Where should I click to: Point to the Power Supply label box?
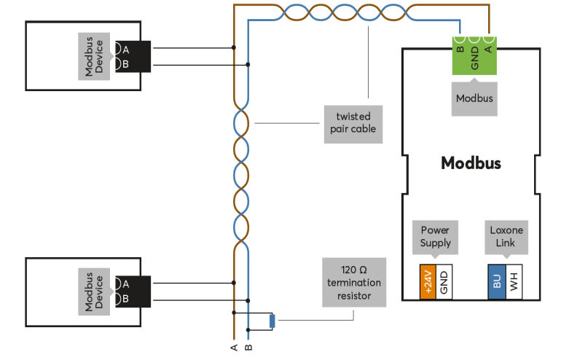[436, 237]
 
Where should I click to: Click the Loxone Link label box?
[506, 237]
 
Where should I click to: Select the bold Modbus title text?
[471, 163]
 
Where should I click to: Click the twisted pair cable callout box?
[353, 122]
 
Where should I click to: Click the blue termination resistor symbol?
[272, 321]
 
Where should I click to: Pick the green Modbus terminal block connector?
[474, 54]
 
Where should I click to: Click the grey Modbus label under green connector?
[474, 98]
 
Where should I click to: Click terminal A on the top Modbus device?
[126, 50]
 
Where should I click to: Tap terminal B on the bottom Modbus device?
[126, 299]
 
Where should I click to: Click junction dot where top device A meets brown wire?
[234, 48]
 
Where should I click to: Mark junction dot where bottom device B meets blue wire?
[248, 299]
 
